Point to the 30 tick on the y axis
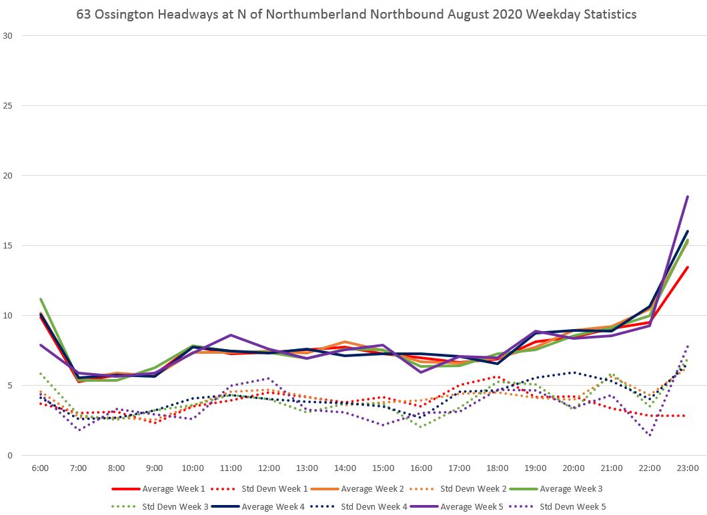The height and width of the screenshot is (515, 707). (x=8, y=36)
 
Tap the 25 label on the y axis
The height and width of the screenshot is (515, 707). (x=8, y=106)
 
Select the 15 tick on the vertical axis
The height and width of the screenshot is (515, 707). (x=8, y=246)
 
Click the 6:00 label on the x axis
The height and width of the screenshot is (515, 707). (x=40, y=468)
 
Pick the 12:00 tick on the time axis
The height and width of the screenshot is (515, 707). (x=269, y=468)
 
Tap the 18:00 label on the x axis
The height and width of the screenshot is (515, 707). (x=498, y=468)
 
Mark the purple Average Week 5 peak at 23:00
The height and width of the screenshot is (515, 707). (x=688, y=197)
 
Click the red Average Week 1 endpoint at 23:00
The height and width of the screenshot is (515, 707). (x=688, y=267)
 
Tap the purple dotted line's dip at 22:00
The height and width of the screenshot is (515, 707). (x=650, y=435)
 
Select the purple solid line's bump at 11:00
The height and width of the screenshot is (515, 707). (x=231, y=335)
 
